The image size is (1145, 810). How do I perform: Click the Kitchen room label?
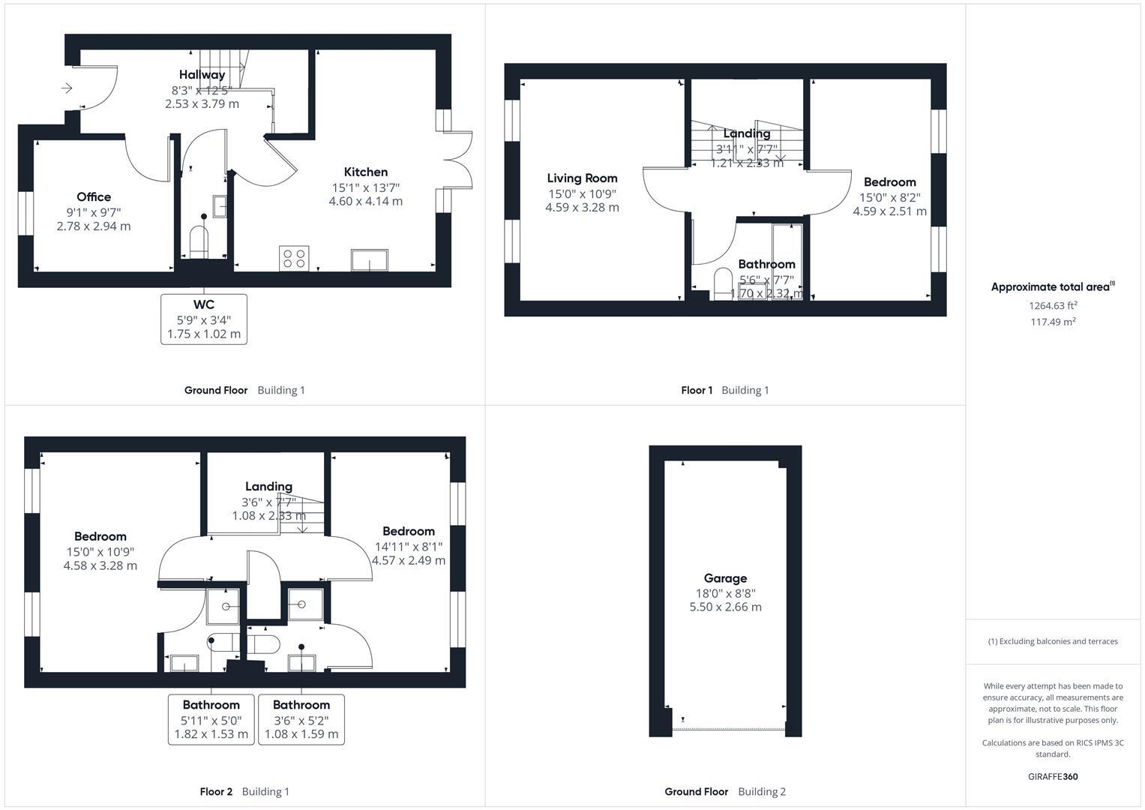(x=365, y=172)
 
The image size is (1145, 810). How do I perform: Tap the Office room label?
(x=94, y=196)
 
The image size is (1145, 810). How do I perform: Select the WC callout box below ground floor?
(x=204, y=319)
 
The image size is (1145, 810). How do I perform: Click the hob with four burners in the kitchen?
(x=294, y=258)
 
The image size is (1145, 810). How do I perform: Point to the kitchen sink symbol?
(x=370, y=260)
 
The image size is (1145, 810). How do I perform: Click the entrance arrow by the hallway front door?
(x=67, y=88)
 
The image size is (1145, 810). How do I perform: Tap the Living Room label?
(x=582, y=178)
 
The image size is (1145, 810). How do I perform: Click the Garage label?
(x=725, y=578)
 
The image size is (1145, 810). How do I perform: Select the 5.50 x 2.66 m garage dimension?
(x=725, y=607)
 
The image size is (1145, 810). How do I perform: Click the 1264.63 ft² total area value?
(x=1053, y=305)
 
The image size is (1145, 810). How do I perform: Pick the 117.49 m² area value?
(x=1053, y=322)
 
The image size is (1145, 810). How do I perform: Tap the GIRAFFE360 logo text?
(x=1053, y=776)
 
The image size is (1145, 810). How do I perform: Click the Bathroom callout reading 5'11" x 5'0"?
(x=211, y=719)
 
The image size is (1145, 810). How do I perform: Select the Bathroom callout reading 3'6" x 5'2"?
(x=301, y=719)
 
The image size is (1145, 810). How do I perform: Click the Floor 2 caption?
(x=216, y=791)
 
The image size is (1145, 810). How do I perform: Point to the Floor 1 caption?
(x=697, y=390)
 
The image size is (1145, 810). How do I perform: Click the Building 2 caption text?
(x=762, y=791)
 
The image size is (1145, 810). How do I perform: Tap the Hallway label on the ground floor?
(x=202, y=74)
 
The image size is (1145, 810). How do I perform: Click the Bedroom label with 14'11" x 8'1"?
(x=408, y=531)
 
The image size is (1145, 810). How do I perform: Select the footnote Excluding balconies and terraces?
(x=1053, y=641)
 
